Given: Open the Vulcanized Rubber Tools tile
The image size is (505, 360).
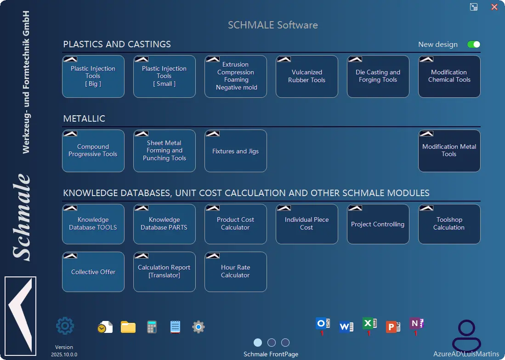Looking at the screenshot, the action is tap(306, 76).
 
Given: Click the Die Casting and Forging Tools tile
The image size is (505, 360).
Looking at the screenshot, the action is tap(378, 76).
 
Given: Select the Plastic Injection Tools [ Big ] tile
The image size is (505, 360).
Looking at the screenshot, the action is tap(93, 76).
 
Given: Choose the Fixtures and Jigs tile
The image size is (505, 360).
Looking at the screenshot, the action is tap(235, 151).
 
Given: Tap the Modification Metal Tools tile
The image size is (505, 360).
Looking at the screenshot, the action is tap(449, 151).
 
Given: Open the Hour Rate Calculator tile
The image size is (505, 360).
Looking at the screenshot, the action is tap(235, 272).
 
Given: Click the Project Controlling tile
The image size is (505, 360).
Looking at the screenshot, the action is tap(378, 224).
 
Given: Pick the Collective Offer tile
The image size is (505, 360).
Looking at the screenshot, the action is tap(93, 272).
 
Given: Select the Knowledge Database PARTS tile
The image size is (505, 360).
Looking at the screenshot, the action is tap(164, 224).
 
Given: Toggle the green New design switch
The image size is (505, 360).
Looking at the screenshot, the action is tap(473, 45).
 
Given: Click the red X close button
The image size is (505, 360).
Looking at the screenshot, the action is tap(494, 7).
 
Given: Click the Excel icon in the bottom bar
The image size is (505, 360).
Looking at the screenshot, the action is tap(369, 325).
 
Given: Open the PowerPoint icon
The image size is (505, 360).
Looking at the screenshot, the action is tap(393, 327).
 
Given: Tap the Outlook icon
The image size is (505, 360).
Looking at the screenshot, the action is tap(323, 324).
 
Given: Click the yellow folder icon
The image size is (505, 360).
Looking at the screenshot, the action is tap(128, 327).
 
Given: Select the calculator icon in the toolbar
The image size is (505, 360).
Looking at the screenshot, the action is tap(152, 327).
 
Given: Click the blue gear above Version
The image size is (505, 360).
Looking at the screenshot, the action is tap(65, 326).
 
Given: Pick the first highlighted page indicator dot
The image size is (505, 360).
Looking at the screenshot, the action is tap(258, 343).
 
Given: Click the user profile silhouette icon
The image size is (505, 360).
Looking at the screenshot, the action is tap(466, 335).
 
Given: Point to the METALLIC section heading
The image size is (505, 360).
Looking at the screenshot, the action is tap(84, 118).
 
